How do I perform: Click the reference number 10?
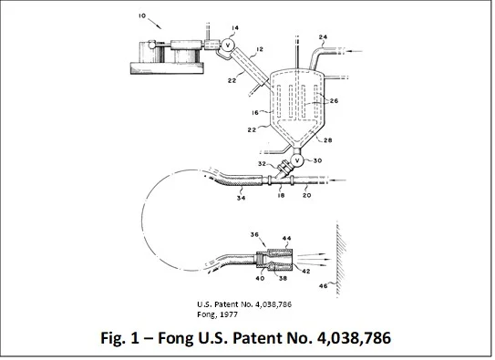142,15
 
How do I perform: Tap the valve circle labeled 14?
227,46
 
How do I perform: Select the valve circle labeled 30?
297,160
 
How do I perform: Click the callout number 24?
323,37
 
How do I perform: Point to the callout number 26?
334,101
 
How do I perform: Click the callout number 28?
328,140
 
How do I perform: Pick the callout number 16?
255,112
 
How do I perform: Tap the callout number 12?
260,49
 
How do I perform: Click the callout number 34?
242,198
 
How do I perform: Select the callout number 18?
281,195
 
